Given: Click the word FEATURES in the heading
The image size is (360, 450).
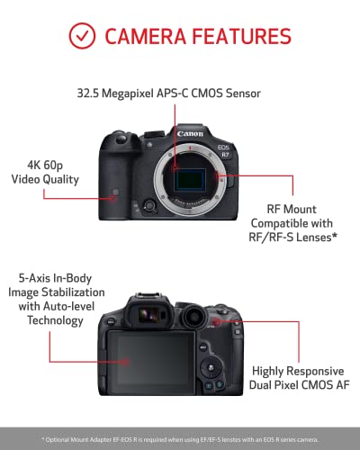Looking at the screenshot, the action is pos(242,36).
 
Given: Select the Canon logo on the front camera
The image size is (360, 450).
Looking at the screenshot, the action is pos(190,133).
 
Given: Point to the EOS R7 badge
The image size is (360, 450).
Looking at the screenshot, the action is pos(224,150).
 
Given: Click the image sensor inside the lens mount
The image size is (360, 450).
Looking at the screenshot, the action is pos(190,179).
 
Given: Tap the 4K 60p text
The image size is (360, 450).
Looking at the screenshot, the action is pos(45,165).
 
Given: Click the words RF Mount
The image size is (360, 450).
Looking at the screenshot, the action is pos(292,209).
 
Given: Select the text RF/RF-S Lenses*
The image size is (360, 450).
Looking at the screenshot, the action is pos(292,238).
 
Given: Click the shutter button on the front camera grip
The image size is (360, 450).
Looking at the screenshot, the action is pos(121,139).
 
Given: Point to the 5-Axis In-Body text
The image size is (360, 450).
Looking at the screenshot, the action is pos(55,278).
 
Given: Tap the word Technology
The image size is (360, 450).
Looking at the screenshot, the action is pos(55,320).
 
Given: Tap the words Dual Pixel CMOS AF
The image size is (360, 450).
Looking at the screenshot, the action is pos(300,384).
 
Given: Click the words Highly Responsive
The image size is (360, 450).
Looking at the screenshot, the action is pos(298,371).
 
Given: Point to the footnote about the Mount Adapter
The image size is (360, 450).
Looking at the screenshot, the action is pos(180,440).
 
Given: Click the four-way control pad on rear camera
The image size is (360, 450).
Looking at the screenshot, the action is pos(211,368).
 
